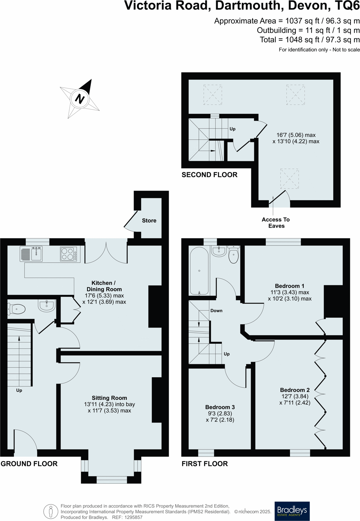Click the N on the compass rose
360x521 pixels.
point(80,99)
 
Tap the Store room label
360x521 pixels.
point(149,221)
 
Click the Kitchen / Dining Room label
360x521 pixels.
point(104,286)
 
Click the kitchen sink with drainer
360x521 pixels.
point(31,254)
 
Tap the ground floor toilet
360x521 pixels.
point(17,309)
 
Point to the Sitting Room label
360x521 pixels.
point(109,398)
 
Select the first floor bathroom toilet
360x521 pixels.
point(234,255)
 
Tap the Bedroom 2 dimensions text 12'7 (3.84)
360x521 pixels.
point(295,396)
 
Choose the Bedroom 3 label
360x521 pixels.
point(220,407)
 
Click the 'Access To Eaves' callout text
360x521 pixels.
point(276,223)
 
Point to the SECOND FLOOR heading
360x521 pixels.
point(209,175)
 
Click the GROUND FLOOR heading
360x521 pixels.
point(29,464)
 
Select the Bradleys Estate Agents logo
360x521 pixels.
point(292,511)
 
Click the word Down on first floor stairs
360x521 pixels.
point(216,311)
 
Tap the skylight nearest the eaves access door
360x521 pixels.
point(289,178)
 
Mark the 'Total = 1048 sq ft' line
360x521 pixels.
point(310,40)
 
